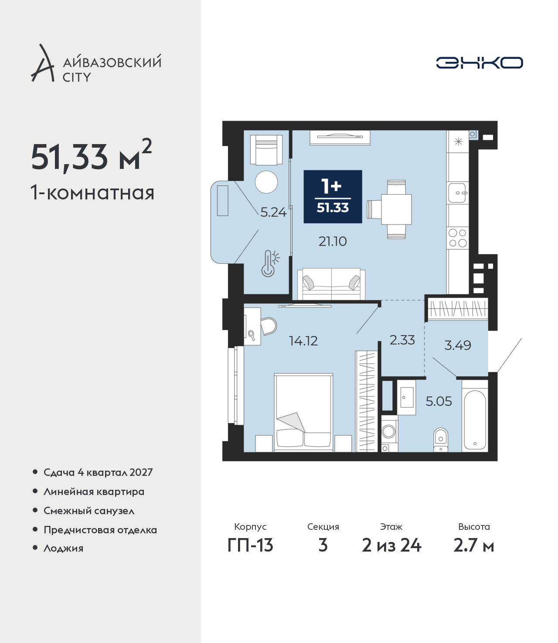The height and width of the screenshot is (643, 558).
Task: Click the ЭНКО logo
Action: click(479, 63)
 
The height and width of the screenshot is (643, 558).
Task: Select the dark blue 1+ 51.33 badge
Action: click(333, 196)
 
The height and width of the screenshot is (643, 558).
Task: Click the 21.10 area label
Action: click(333, 242)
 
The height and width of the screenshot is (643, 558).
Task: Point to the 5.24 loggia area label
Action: click(273, 212)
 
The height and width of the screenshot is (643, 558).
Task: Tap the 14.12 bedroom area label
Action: click(303, 341)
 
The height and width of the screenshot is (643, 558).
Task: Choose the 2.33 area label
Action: click(402, 340)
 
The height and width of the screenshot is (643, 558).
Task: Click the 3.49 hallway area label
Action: click(457, 345)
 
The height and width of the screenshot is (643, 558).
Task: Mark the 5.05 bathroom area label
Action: click(439, 401)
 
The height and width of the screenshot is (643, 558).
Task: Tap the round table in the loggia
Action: click(266, 182)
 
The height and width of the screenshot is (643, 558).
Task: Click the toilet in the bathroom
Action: click(441, 440)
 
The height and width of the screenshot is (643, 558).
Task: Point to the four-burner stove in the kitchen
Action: click(458, 238)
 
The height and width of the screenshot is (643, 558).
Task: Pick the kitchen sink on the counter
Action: click(457, 193)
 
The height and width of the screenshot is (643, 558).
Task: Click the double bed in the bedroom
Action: click(303, 413)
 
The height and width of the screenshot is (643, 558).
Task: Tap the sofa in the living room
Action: click(331, 284)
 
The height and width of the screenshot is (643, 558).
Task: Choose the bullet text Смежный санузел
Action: click(89, 511)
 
